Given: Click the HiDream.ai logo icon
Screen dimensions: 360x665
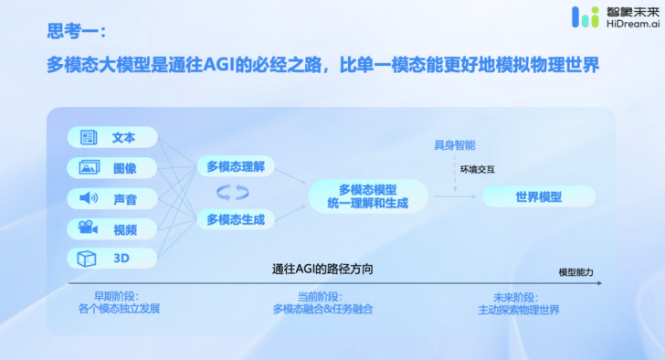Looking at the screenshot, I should click(586, 16).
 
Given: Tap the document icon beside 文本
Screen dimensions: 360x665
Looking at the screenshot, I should click(89, 138).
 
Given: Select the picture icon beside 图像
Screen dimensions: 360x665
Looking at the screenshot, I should click(89, 168).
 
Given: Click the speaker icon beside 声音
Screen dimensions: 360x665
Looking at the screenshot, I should click(89, 198).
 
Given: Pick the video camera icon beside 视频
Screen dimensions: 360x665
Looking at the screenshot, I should click(89, 228).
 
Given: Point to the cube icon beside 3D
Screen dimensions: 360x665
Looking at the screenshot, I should click(89, 259).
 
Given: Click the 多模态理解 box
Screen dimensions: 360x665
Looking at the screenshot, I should click(236, 166).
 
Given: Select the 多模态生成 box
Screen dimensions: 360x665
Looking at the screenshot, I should click(236, 219).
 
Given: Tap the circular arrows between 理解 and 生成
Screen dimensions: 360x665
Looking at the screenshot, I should click(232, 193).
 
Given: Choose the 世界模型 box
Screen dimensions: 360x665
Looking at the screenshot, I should click(539, 196).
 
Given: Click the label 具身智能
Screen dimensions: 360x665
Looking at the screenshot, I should click(455, 145).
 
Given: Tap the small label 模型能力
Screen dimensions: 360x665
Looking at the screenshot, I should click(576, 272).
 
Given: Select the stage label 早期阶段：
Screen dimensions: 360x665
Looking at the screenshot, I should click(118, 297).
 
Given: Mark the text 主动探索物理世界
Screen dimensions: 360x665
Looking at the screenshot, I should click(519, 310).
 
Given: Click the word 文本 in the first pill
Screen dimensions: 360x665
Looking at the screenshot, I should click(123, 138).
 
